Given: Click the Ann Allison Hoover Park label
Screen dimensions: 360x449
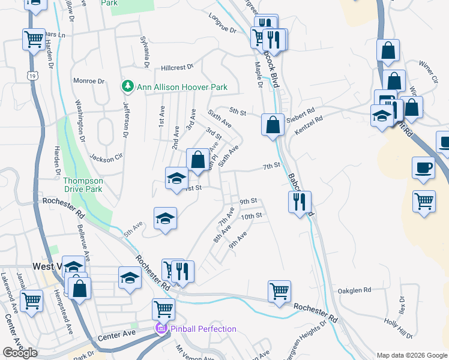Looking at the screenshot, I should pyautogui.click(x=182, y=87).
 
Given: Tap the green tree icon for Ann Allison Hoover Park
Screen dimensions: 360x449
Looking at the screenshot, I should pyautogui.click(x=127, y=87).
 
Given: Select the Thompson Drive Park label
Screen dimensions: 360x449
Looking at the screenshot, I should pyautogui.click(x=83, y=185).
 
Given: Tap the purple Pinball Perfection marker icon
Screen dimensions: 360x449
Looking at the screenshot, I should pyautogui.click(x=160, y=328).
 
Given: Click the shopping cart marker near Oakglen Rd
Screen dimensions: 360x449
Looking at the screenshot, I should pyautogui.click(x=279, y=292).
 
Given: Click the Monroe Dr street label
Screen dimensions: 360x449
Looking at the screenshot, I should pyautogui.click(x=88, y=81).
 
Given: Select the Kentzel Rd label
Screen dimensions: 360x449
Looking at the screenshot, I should pyautogui.click(x=310, y=119).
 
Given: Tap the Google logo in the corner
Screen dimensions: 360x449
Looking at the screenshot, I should pyautogui.click(x=20, y=353).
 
